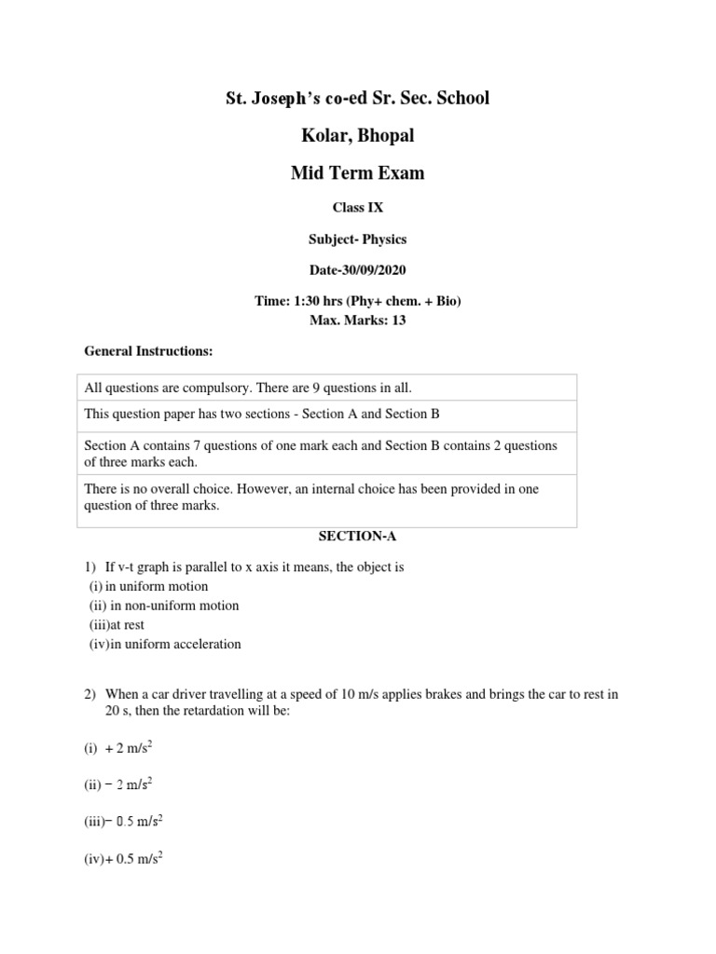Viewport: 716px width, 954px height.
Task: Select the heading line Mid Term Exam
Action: coord(358,173)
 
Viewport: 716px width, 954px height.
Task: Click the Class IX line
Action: coord(358,208)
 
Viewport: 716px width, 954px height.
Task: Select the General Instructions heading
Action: coord(149,351)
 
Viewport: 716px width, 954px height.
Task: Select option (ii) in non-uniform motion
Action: coord(164,606)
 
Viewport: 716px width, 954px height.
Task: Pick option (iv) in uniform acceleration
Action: coord(165,644)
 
